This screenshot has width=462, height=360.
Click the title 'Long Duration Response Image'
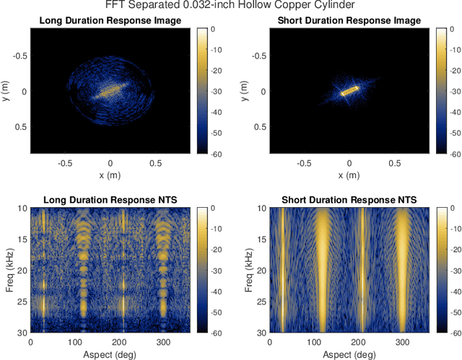(x=110, y=20)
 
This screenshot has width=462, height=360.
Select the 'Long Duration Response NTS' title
(x=110, y=199)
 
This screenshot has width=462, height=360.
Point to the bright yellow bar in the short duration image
(x=350, y=92)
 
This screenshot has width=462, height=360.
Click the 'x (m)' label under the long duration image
(x=110, y=175)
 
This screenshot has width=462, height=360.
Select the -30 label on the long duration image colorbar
(x=212, y=91)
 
